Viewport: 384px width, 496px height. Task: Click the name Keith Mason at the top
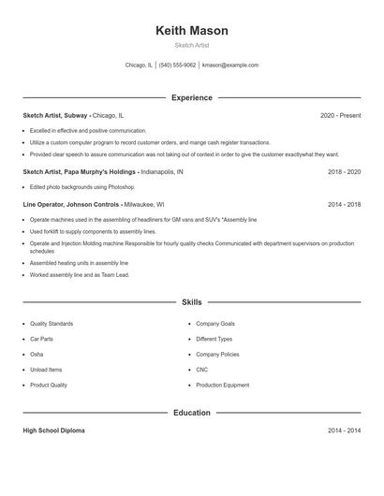(x=192, y=30)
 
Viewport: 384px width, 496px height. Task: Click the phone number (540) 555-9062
(x=177, y=66)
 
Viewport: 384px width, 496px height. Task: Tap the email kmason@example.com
(x=230, y=66)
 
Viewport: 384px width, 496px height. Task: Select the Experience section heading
(x=192, y=97)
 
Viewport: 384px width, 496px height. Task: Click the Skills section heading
(x=192, y=302)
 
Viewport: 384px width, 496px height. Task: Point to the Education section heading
(x=192, y=412)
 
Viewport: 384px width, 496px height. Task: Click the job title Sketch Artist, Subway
(x=55, y=115)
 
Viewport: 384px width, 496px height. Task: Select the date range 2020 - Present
(x=340, y=115)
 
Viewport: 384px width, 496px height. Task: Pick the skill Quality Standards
(x=52, y=324)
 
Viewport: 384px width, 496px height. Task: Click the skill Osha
(x=37, y=355)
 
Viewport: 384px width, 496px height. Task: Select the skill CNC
(x=202, y=370)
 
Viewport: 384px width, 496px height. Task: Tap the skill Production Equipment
(x=223, y=385)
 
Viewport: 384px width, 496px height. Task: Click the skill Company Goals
(x=216, y=324)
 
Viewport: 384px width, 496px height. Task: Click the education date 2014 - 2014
(x=344, y=430)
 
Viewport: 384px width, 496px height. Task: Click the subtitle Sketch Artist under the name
(x=192, y=46)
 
